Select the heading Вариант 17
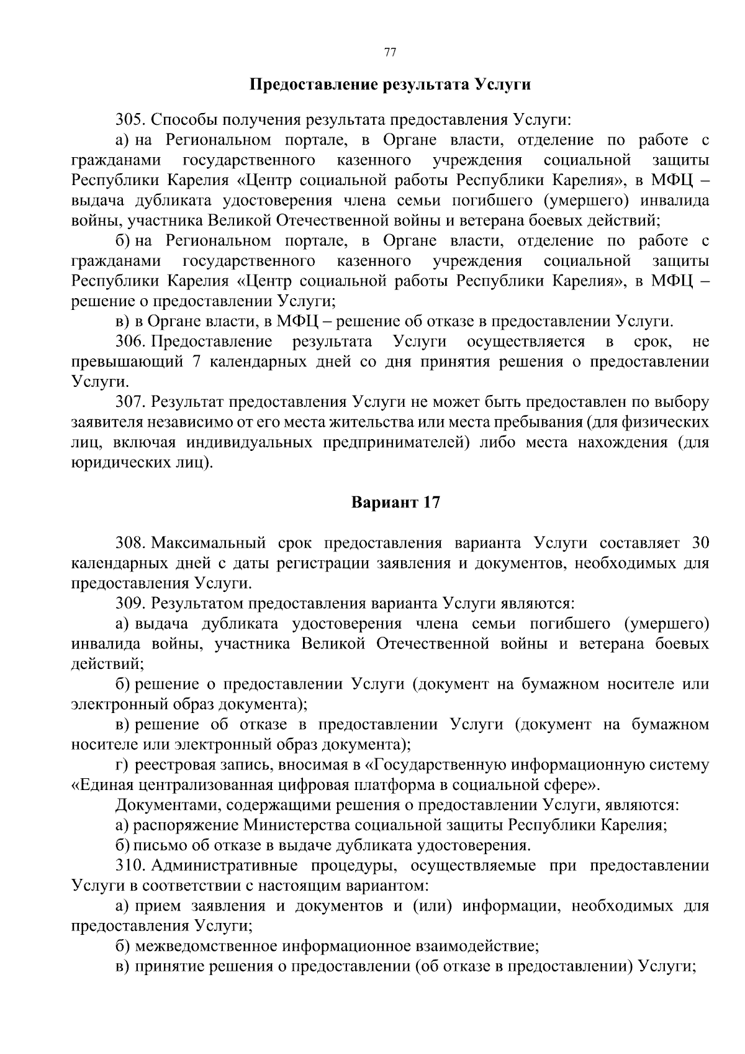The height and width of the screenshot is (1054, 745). pos(395,502)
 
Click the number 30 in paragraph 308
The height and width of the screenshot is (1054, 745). pos(700,543)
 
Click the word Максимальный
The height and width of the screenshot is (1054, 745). pos(209,543)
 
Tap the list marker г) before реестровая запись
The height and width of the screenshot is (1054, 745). pos(122,765)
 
